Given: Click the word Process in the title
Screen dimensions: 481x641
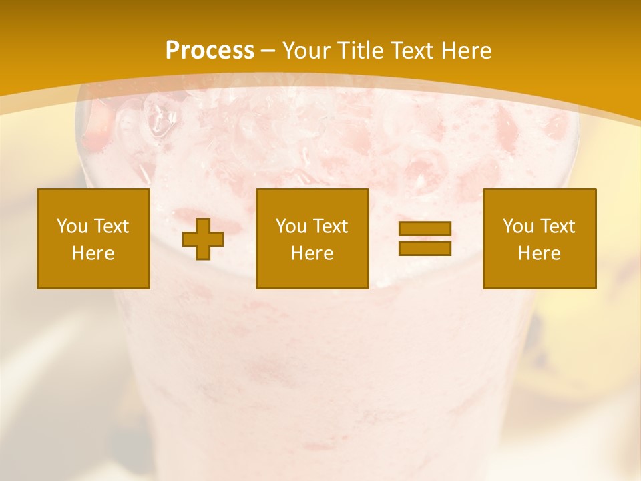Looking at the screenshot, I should tap(210, 51).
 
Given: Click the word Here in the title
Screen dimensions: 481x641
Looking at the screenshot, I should tap(467, 51).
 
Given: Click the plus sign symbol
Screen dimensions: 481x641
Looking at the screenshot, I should tap(203, 239).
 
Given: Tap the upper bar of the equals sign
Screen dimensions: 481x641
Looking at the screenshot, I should tap(425, 229).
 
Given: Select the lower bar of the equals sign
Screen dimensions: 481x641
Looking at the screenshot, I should tap(425, 248).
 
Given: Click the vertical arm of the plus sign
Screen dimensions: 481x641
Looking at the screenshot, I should tap(203, 227).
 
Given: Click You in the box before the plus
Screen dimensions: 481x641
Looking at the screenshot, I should tap(71, 226).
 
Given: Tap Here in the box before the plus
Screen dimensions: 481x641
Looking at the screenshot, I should tap(93, 253).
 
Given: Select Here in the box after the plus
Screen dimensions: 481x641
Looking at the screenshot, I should tap(312, 253).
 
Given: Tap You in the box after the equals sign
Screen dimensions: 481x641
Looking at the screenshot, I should tap(518, 226).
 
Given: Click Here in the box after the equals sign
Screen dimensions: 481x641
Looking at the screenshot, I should tap(539, 253).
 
